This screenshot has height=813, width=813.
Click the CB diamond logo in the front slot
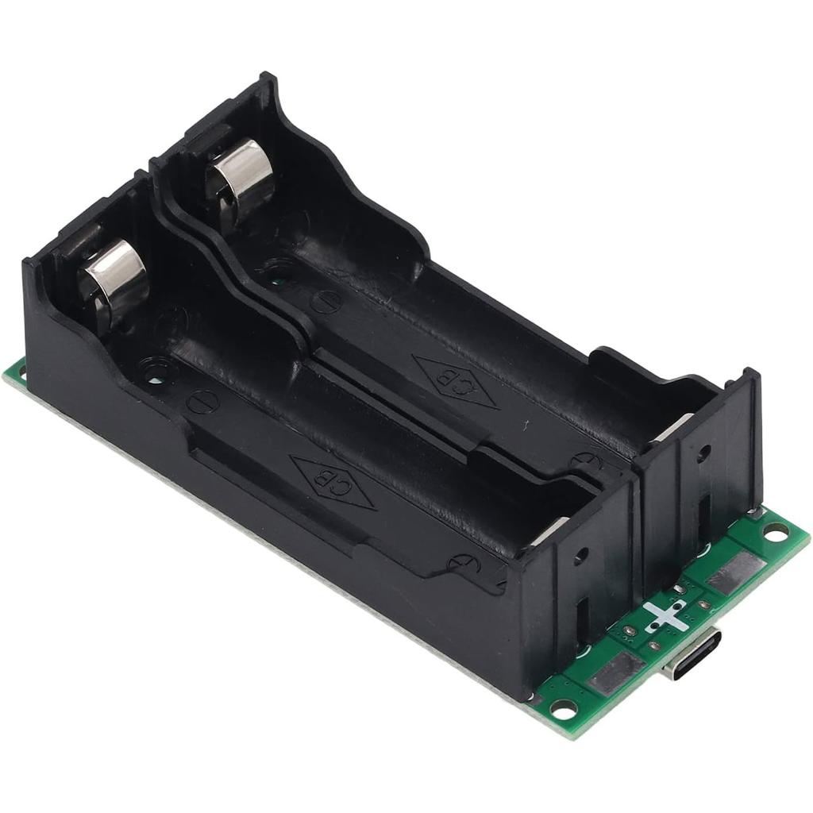pyautogui.click(x=333, y=482)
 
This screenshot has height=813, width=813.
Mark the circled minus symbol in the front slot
pyautogui.click(x=202, y=402)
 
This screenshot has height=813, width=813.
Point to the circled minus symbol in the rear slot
pyautogui.click(x=326, y=302)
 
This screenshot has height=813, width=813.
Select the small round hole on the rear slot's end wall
pyautogui.click(x=703, y=453)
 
